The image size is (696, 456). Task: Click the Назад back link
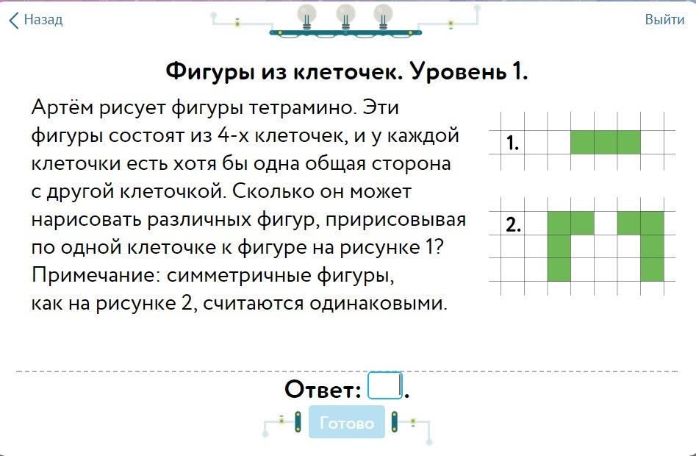36,20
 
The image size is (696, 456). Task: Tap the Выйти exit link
664,20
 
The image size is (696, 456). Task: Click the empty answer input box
385,385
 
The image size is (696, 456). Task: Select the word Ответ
323,389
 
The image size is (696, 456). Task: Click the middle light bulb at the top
345,15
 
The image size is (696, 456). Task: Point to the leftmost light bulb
306,15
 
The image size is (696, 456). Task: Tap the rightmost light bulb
384,15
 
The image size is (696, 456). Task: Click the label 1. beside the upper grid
513,143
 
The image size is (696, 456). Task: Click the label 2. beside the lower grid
514,224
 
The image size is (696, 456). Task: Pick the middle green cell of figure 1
606,142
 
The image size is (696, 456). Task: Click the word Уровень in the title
459,71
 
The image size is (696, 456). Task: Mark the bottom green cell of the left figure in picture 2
559,269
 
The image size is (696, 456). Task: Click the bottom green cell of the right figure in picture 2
652,269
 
